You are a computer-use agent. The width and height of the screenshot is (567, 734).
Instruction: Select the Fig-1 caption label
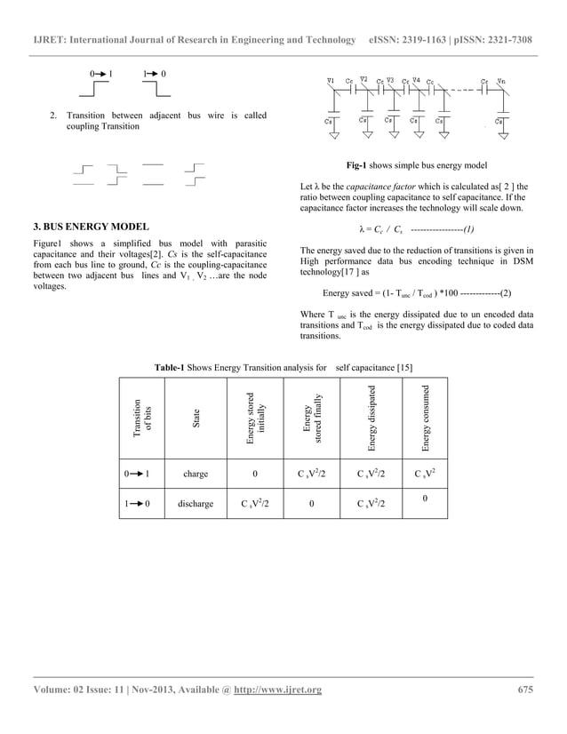(x=362, y=165)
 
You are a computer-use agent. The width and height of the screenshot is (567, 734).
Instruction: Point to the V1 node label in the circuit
(x=331, y=81)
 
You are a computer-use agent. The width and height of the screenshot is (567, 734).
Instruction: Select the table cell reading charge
(x=196, y=474)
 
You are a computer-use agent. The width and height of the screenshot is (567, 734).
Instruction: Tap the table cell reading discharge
(x=196, y=503)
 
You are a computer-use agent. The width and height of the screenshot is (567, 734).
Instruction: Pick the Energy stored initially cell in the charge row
(x=256, y=474)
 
